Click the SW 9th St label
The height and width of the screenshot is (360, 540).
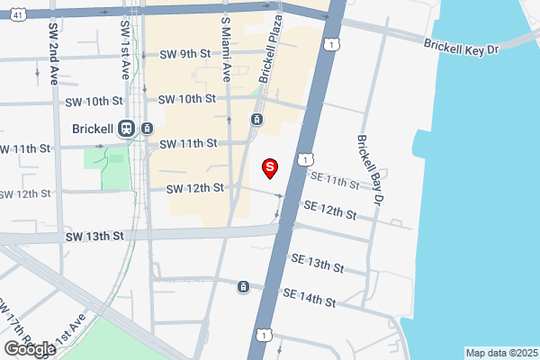[184, 54]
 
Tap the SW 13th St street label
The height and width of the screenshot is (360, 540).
[93, 236]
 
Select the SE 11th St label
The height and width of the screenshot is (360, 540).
[335, 181]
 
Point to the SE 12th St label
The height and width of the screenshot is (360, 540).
[330, 211]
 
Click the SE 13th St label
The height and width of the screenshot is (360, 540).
[318, 263]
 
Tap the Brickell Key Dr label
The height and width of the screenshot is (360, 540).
[461, 47]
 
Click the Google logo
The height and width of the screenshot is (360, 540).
[30, 349]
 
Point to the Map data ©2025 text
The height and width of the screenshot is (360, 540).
[500, 353]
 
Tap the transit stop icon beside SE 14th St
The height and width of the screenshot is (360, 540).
[243, 287]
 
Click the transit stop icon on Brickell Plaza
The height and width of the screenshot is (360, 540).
[257, 120]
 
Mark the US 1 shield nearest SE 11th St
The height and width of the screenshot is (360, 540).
[306, 158]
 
